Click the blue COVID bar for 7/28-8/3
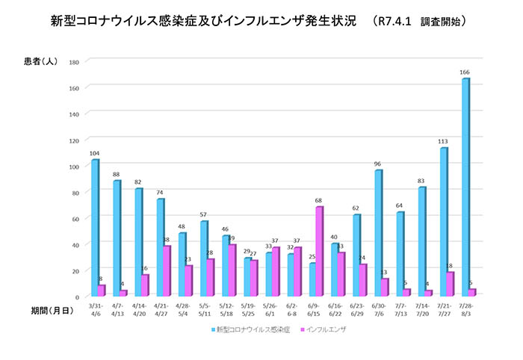tap(465, 187)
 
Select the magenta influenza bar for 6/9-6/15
tap(319, 251)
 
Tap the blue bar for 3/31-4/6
tap(95, 228)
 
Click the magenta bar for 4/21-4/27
tap(166, 270)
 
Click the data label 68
tap(319, 200)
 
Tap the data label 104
tap(94, 153)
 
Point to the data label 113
tap(443, 142)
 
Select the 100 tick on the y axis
tap(74, 166)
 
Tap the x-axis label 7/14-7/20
tap(424, 310)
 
